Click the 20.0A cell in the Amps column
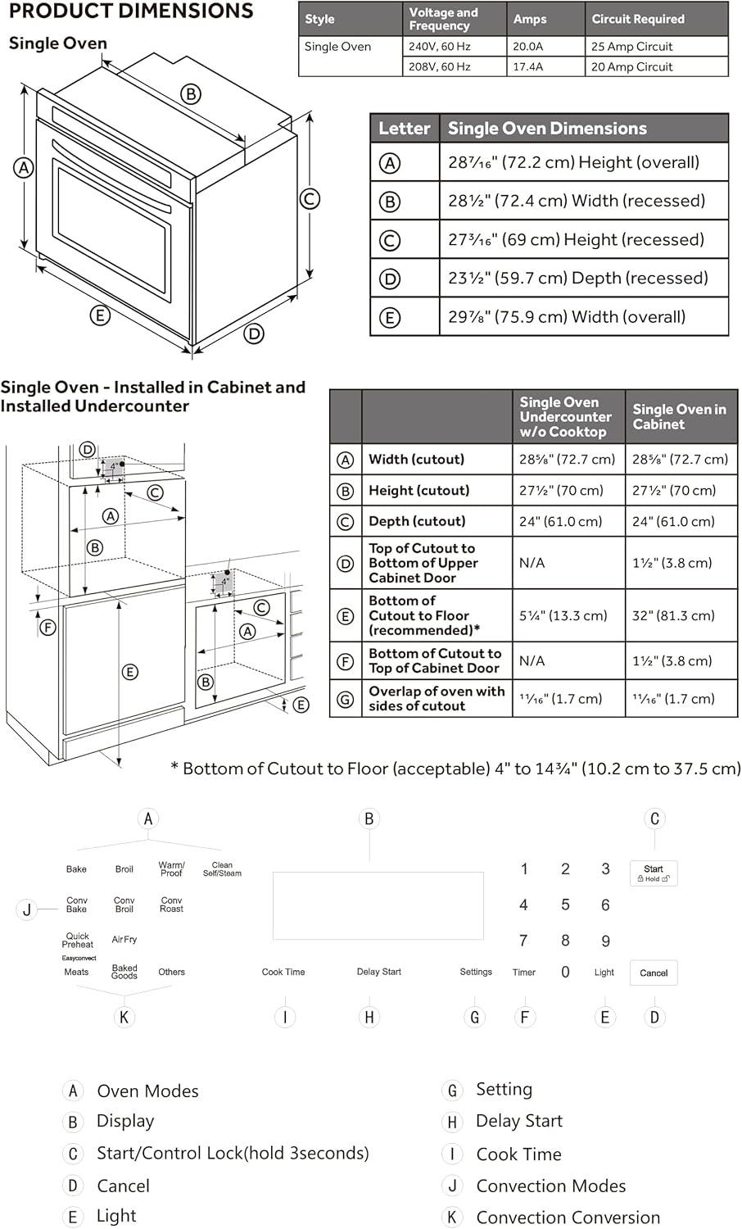click(x=528, y=47)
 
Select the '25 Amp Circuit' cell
click(x=631, y=47)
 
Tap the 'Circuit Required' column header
click(x=637, y=19)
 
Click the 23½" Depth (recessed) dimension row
click(x=577, y=279)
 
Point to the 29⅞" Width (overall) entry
click(x=567, y=317)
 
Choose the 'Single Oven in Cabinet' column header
click(x=679, y=416)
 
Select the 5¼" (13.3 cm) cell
click(x=563, y=615)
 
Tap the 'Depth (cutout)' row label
click(x=417, y=521)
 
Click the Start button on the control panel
click(x=654, y=873)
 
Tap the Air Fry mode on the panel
click(x=124, y=940)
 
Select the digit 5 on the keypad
click(x=565, y=905)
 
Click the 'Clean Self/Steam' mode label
click(x=222, y=869)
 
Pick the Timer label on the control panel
click(x=524, y=973)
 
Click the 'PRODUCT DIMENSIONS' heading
click(x=131, y=11)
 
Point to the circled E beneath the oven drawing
click(x=100, y=315)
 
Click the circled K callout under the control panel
click(x=124, y=1018)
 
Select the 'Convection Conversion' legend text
click(x=568, y=1218)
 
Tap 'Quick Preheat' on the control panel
click(x=78, y=940)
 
